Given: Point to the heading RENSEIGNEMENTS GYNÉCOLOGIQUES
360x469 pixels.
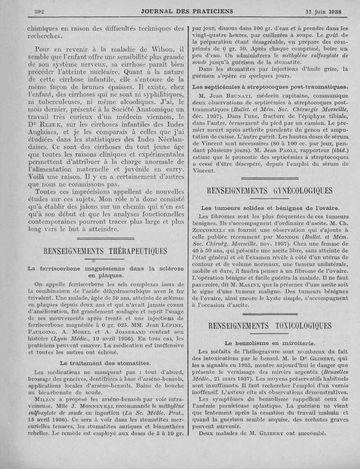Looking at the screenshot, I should click(269, 191).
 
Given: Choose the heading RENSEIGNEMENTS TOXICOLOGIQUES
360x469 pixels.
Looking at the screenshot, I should click(269, 325).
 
